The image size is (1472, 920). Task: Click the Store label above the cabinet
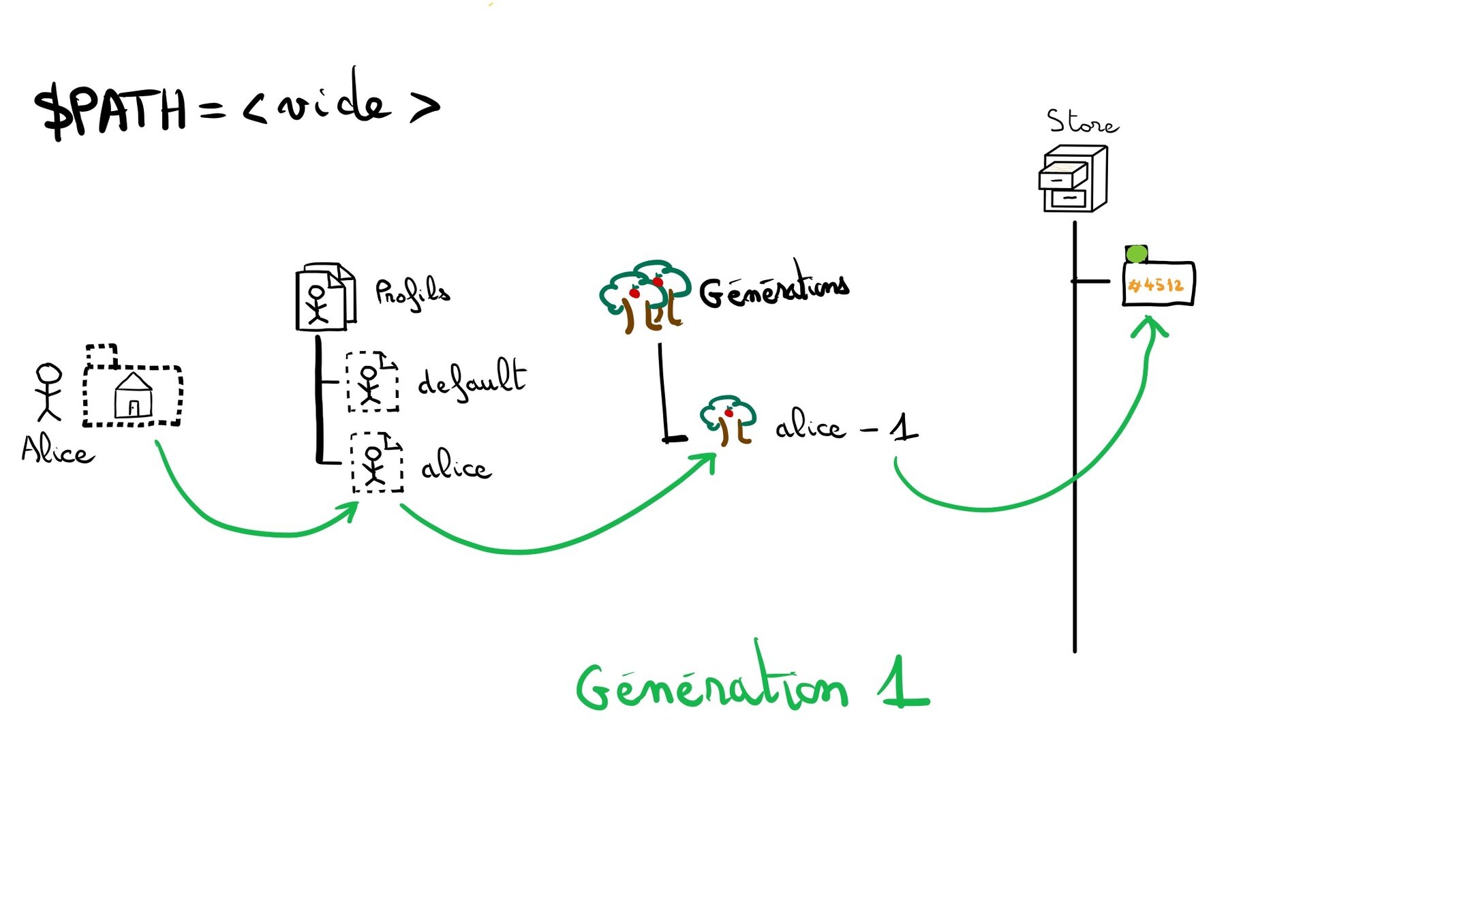click(1082, 123)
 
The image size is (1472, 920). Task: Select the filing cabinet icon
click(1073, 179)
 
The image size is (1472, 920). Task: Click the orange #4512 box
click(1158, 284)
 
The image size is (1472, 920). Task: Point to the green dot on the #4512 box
click(1136, 254)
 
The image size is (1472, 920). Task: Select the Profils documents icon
click(325, 297)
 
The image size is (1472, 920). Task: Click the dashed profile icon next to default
click(372, 382)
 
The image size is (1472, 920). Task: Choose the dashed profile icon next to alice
click(376, 463)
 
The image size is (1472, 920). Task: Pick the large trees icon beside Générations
click(644, 296)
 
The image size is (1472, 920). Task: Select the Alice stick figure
click(49, 392)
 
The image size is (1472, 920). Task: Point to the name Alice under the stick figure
click(57, 451)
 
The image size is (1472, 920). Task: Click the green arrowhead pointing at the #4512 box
click(1150, 326)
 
